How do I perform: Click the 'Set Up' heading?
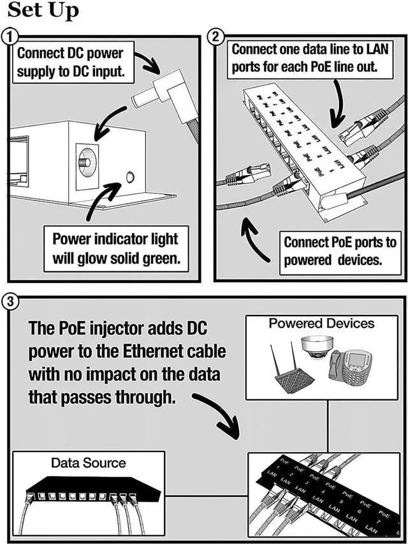click(x=43, y=11)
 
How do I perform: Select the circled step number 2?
click(x=217, y=37)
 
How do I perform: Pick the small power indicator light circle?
click(x=131, y=177)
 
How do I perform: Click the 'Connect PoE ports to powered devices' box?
click(x=340, y=251)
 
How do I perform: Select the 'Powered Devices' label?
click(x=321, y=323)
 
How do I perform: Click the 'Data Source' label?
click(x=89, y=462)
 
